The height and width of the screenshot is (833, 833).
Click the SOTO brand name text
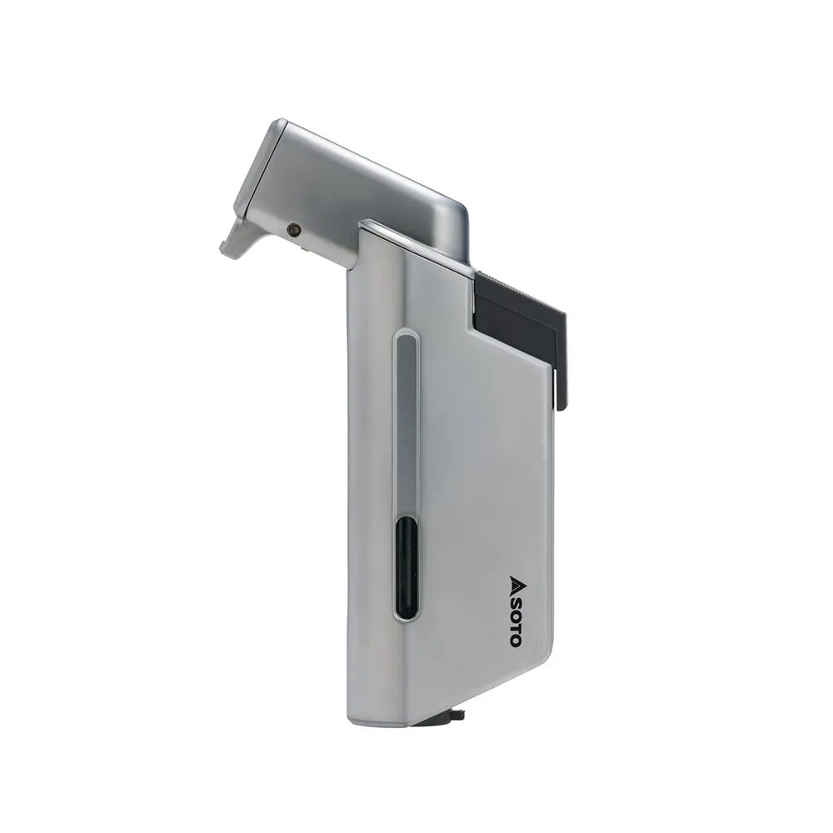point(515,621)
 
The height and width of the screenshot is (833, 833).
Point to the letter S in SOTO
point(515,601)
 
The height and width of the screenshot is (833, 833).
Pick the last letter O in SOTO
point(515,640)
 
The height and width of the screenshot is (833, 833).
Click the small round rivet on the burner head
point(292,230)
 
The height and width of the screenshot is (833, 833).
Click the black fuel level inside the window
point(407,566)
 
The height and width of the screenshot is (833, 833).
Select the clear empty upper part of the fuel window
point(407,425)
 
